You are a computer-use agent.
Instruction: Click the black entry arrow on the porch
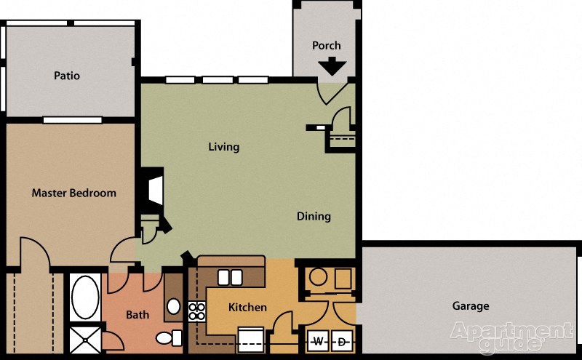tap(332, 67)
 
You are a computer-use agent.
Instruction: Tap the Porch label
tap(327, 45)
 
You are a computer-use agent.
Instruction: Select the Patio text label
tap(67, 76)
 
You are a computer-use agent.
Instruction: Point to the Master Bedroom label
tap(73, 193)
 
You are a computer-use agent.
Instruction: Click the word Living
tap(223, 147)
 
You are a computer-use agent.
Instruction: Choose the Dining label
tap(314, 216)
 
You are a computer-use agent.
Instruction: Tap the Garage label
tap(471, 306)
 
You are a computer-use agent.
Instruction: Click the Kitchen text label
tap(247, 308)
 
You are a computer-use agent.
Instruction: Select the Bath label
tap(137, 315)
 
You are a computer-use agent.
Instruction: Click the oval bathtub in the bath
tap(85, 297)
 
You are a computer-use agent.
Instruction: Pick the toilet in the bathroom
tap(168, 337)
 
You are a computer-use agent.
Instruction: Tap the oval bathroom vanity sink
tap(174, 306)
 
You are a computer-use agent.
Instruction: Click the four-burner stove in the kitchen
tap(196, 311)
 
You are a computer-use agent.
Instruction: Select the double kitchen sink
tap(230, 276)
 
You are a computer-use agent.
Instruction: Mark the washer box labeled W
tap(319, 340)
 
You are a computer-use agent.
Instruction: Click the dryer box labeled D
tap(343, 340)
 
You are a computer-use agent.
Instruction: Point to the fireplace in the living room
tap(153, 188)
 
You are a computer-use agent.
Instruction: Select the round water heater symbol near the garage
tap(318, 277)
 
